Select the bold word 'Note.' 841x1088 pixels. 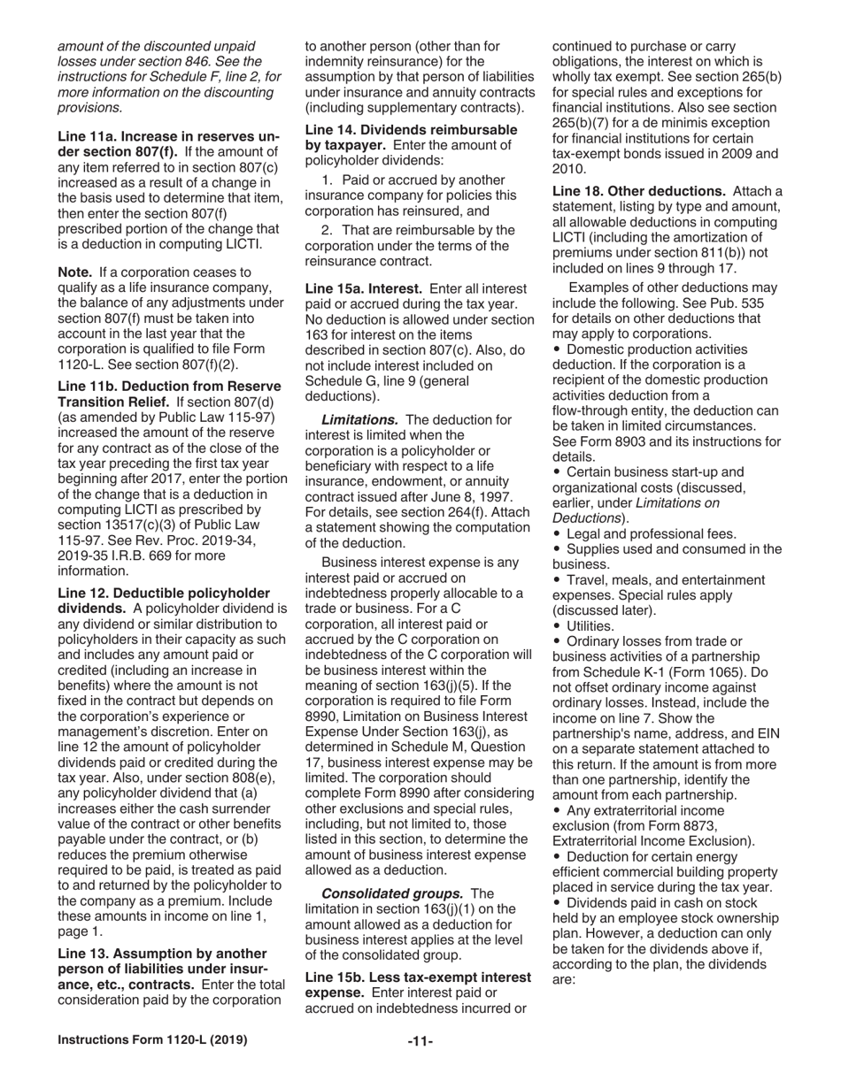coord(75,272)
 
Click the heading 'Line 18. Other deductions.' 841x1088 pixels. coord(638,191)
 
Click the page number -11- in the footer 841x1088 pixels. coord(420,1042)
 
